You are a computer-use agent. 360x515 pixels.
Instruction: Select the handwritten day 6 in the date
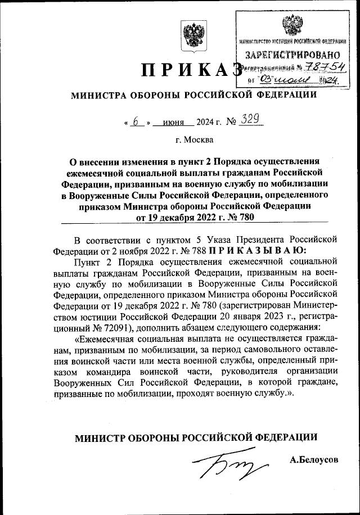[135, 120]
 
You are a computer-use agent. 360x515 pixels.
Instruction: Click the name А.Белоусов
[314, 460]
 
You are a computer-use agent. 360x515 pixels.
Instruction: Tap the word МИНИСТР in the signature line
[100, 437]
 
